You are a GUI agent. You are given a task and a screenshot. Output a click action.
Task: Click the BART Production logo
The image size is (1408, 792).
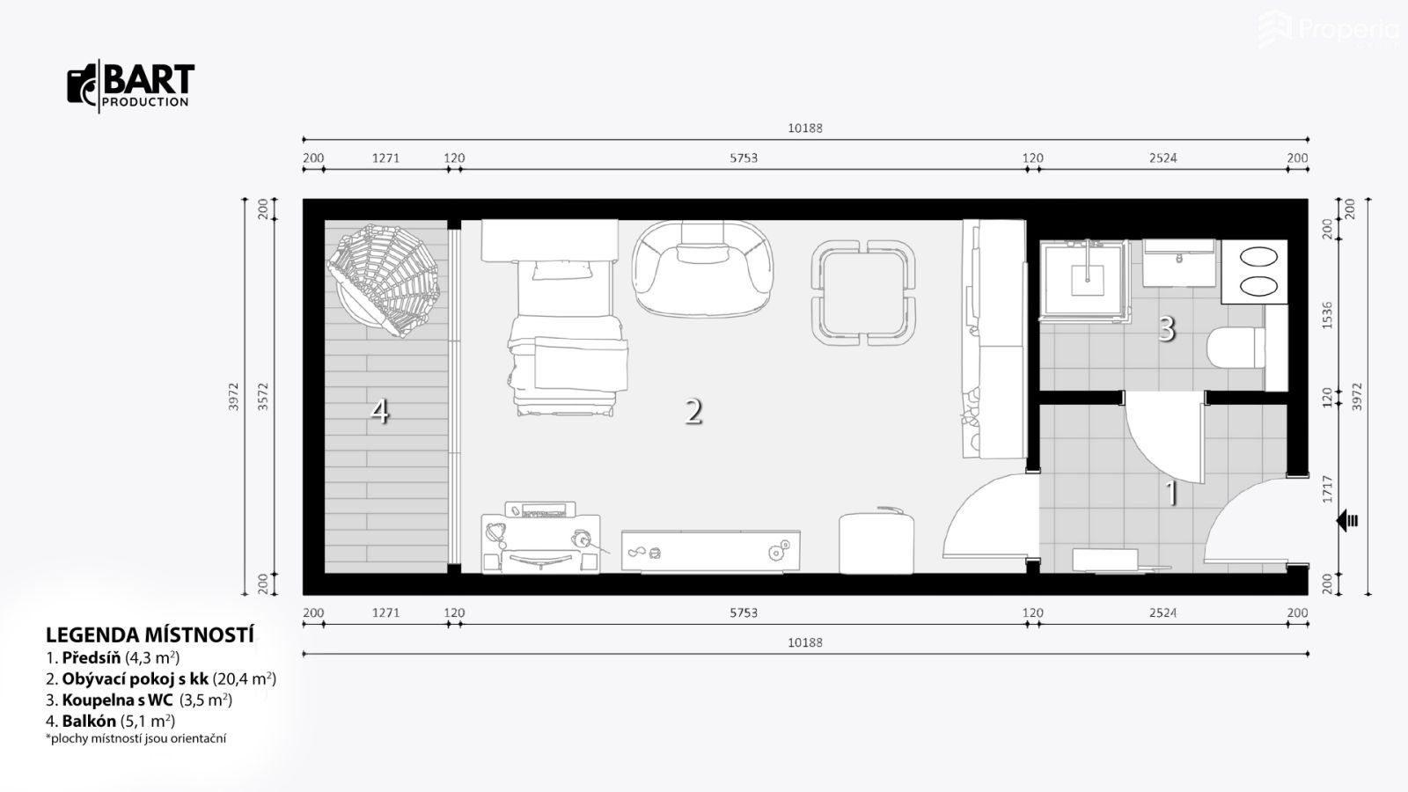click(131, 86)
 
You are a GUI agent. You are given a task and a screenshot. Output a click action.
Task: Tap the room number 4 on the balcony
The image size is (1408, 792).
click(379, 412)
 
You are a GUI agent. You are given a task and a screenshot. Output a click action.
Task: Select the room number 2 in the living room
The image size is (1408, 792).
click(693, 412)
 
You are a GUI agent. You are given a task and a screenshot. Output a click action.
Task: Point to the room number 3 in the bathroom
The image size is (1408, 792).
click(1167, 328)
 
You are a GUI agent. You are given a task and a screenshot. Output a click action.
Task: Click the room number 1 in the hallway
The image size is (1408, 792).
click(1172, 494)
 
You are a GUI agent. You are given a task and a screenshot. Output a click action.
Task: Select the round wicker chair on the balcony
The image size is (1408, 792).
click(383, 281)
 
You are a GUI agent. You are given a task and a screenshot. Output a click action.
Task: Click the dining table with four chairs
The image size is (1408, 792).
click(863, 293)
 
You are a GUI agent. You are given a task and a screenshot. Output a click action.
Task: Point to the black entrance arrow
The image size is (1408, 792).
click(1347, 521)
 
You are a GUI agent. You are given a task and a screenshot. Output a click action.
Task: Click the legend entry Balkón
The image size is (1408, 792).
click(111, 721)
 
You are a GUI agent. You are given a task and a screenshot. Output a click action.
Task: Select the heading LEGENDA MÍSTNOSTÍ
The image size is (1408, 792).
click(150, 635)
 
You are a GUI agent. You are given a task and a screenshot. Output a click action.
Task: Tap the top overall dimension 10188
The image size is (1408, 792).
click(805, 128)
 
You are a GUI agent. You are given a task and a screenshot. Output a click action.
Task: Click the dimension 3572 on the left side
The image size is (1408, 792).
click(263, 397)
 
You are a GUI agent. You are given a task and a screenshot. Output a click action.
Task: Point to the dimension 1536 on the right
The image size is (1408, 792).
click(1328, 316)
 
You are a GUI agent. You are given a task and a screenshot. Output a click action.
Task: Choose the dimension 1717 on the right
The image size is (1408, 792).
click(1328, 489)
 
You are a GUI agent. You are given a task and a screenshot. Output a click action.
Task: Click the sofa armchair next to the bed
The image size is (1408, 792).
click(703, 268)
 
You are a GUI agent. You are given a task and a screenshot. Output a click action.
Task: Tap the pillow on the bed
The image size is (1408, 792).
click(562, 270)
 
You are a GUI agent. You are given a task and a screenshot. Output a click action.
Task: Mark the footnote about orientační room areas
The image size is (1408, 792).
click(136, 738)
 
